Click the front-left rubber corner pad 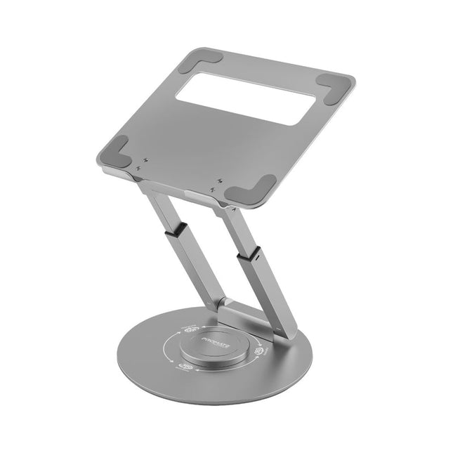pyautogui.click(x=117, y=152)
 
